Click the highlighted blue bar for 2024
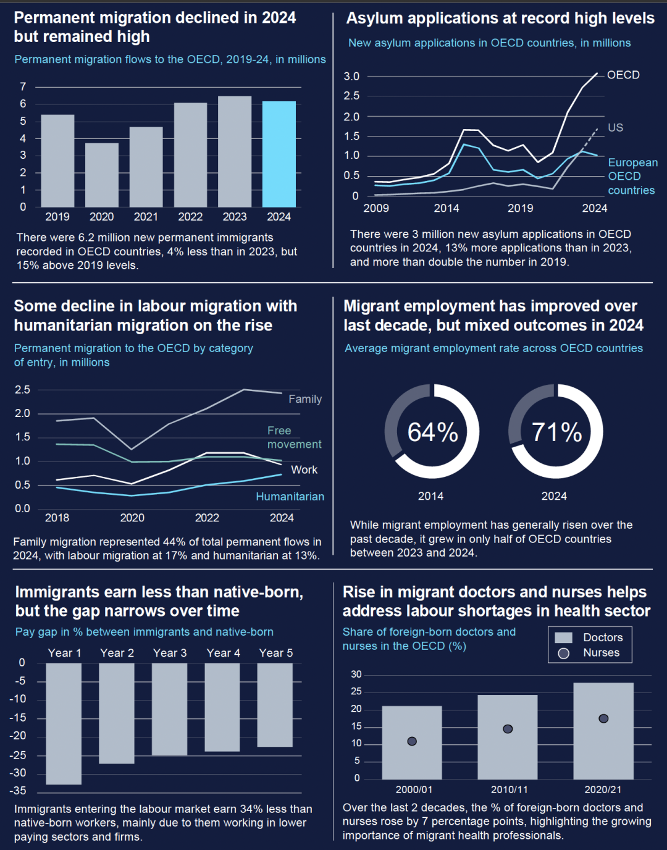coord(279,154)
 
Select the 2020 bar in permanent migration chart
coord(102,175)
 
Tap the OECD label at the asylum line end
coord(623,75)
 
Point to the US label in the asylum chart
coord(615,128)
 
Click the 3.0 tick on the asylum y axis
coord(351,77)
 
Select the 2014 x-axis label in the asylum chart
coord(447,208)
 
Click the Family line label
coord(305,399)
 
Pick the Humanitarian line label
coord(290,497)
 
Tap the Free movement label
coord(294,437)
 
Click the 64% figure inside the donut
coord(432,432)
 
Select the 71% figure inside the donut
coord(556,432)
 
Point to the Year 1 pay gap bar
coord(64,723)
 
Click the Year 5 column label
coord(276,653)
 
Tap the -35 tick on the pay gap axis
coord(18,791)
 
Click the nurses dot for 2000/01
coord(412,741)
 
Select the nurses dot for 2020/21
coord(603,718)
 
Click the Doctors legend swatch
coord(563,637)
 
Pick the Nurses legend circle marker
coord(563,653)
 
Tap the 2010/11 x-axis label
coord(510,789)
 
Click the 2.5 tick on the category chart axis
coord(22,390)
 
